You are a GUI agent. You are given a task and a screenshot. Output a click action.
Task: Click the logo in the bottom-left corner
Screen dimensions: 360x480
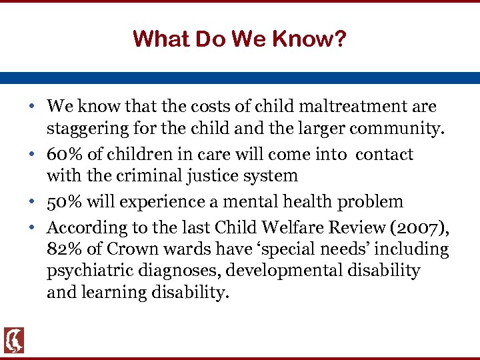(13, 340)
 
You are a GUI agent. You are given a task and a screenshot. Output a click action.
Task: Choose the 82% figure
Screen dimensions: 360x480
(62, 249)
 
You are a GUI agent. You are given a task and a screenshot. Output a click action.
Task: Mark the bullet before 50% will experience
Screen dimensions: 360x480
(32, 202)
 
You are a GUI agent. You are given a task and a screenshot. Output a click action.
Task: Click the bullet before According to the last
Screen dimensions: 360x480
(32, 227)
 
